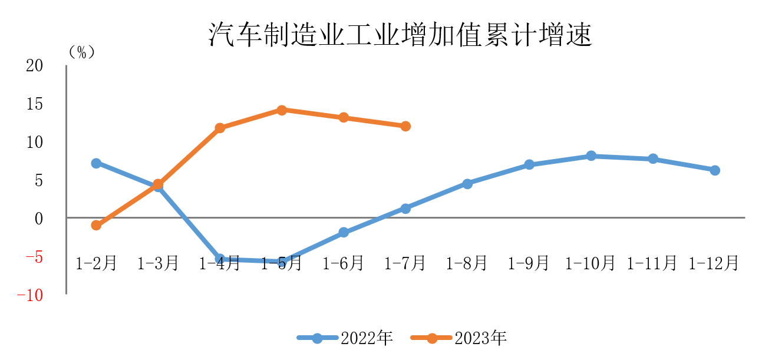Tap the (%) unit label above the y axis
(81, 52)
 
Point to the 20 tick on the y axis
(35, 66)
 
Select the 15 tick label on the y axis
(35, 104)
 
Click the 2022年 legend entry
(345, 338)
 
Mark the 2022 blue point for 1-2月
(96, 163)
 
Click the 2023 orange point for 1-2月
(96, 225)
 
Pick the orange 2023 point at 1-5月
(282, 110)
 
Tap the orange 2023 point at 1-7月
(405, 126)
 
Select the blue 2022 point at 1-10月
(591, 156)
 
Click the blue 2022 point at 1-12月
(715, 170)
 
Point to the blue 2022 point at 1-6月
(344, 233)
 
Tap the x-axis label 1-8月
(467, 263)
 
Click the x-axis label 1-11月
(652, 263)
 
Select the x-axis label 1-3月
(158, 263)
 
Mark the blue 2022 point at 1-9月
(529, 165)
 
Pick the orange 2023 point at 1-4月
(220, 128)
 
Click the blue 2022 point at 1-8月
(467, 184)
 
